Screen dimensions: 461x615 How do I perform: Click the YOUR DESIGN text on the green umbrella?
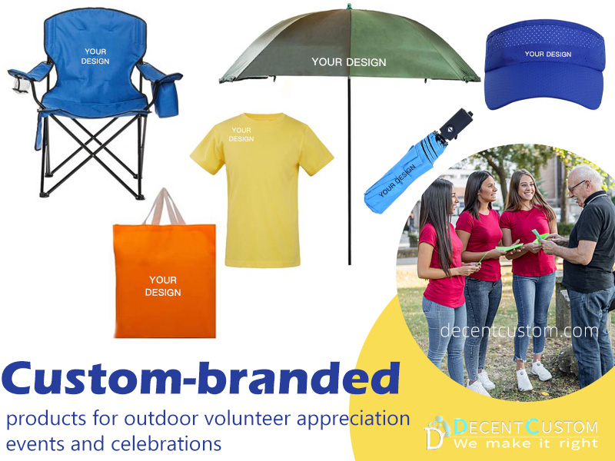[x=348, y=62]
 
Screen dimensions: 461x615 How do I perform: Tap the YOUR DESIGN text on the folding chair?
[x=95, y=56]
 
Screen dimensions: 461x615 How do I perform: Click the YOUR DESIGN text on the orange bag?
[x=163, y=286]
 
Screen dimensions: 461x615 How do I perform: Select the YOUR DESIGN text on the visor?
[x=547, y=55]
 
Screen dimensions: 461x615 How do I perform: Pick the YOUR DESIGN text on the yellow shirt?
[x=241, y=134]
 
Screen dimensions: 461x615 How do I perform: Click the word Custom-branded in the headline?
[x=201, y=380]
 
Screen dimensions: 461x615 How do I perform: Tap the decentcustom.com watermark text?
[x=519, y=331]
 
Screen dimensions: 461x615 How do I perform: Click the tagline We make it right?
[x=525, y=443]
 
